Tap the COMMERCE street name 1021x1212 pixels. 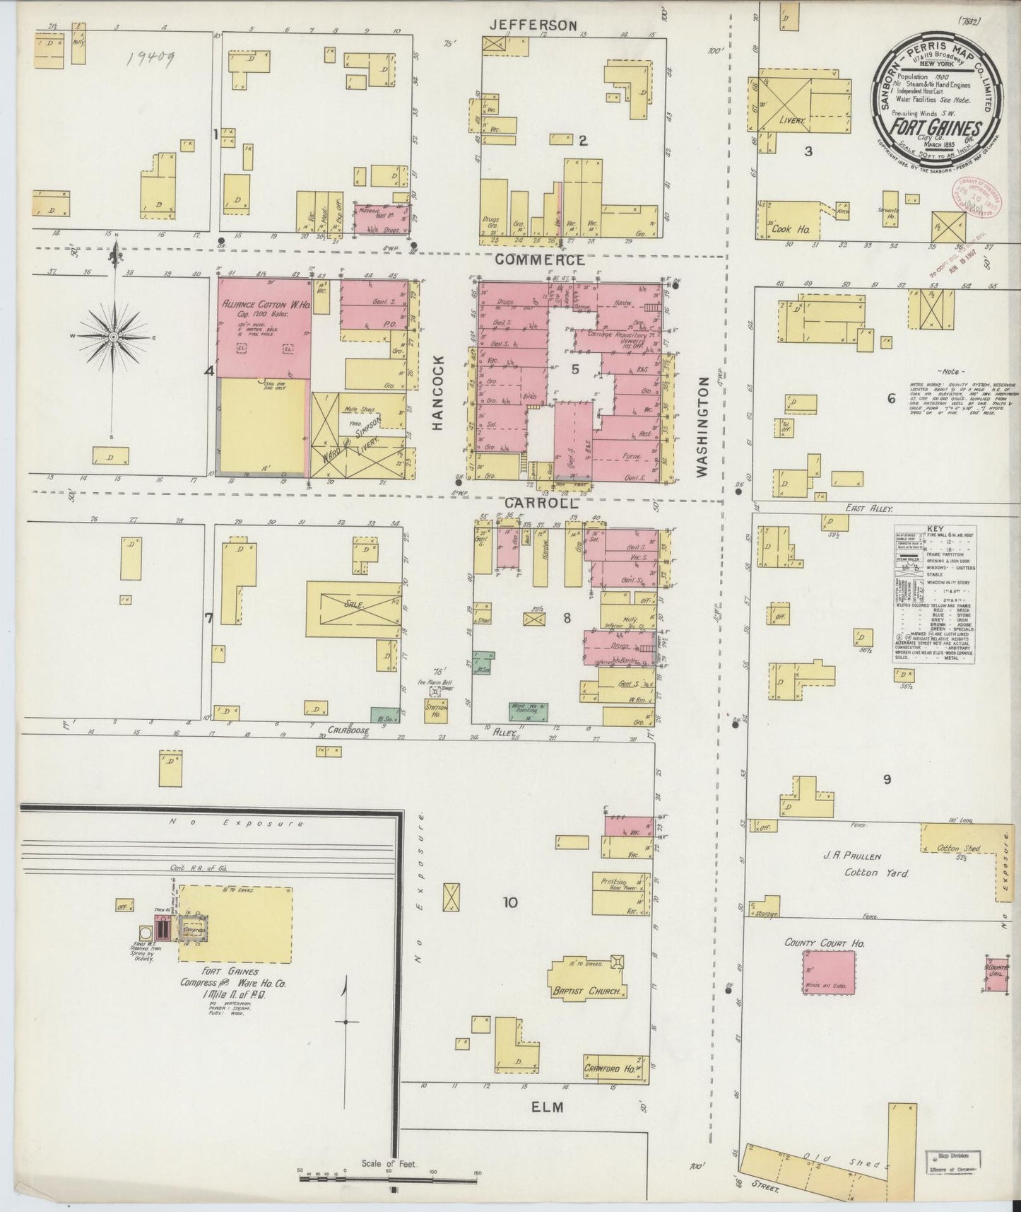(539, 260)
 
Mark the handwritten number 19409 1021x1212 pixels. (151, 57)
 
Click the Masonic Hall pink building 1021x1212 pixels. (382, 219)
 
